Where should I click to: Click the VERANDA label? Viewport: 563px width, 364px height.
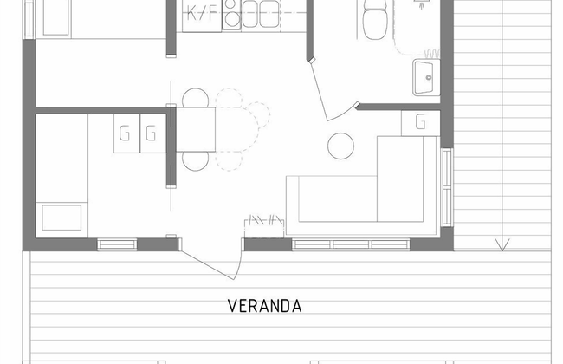point(265,306)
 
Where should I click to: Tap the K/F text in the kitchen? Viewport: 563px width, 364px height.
point(202,14)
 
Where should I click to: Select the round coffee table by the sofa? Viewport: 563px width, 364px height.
point(340,146)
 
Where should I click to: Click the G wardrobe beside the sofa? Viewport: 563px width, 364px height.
point(420,123)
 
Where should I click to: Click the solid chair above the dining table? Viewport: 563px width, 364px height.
point(196,98)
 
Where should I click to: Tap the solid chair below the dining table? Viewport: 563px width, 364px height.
point(196,161)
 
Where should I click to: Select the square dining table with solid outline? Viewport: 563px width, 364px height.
point(196,129)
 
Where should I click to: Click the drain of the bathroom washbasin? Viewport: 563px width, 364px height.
point(429,77)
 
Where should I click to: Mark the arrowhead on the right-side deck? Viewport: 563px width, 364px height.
point(502,244)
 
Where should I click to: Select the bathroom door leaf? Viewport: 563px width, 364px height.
point(320,90)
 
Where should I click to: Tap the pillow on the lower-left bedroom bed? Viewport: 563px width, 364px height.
point(61,218)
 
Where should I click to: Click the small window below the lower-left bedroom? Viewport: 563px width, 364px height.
point(117,244)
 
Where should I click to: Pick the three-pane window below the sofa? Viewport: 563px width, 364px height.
point(351,244)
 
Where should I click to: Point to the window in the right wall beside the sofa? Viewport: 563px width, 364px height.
point(447,187)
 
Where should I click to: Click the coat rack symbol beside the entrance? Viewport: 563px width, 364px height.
point(264,226)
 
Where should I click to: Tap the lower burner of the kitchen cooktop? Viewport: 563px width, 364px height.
point(231,18)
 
